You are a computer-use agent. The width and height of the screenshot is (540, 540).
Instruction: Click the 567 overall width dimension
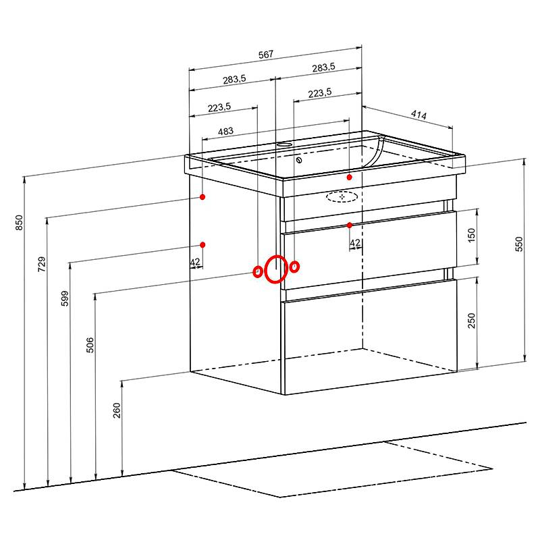(266, 54)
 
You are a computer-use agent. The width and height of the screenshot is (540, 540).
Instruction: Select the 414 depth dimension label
(418, 115)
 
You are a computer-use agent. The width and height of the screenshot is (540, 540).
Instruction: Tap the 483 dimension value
(225, 131)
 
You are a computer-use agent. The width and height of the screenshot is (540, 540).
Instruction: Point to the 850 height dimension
(20, 223)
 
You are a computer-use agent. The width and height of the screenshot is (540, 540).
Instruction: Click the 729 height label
(42, 264)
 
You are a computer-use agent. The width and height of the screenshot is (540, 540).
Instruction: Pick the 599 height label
(65, 298)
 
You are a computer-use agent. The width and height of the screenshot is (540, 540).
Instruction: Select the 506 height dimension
(90, 345)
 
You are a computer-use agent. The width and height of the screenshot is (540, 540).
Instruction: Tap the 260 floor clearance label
(117, 410)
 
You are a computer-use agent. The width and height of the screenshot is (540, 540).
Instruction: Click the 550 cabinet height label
(518, 244)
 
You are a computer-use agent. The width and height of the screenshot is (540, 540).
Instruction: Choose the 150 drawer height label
(471, 235)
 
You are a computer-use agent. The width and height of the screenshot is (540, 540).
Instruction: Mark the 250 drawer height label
(471, 321)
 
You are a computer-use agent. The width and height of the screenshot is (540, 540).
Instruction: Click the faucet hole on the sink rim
(284, 144)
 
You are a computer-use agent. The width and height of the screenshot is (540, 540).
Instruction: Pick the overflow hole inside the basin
(299, 160)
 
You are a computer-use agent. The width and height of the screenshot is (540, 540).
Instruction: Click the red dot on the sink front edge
(349, 177)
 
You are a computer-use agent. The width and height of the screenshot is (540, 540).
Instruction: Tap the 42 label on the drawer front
(355, 243)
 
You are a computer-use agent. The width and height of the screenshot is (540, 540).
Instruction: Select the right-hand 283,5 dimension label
(323, 67)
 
